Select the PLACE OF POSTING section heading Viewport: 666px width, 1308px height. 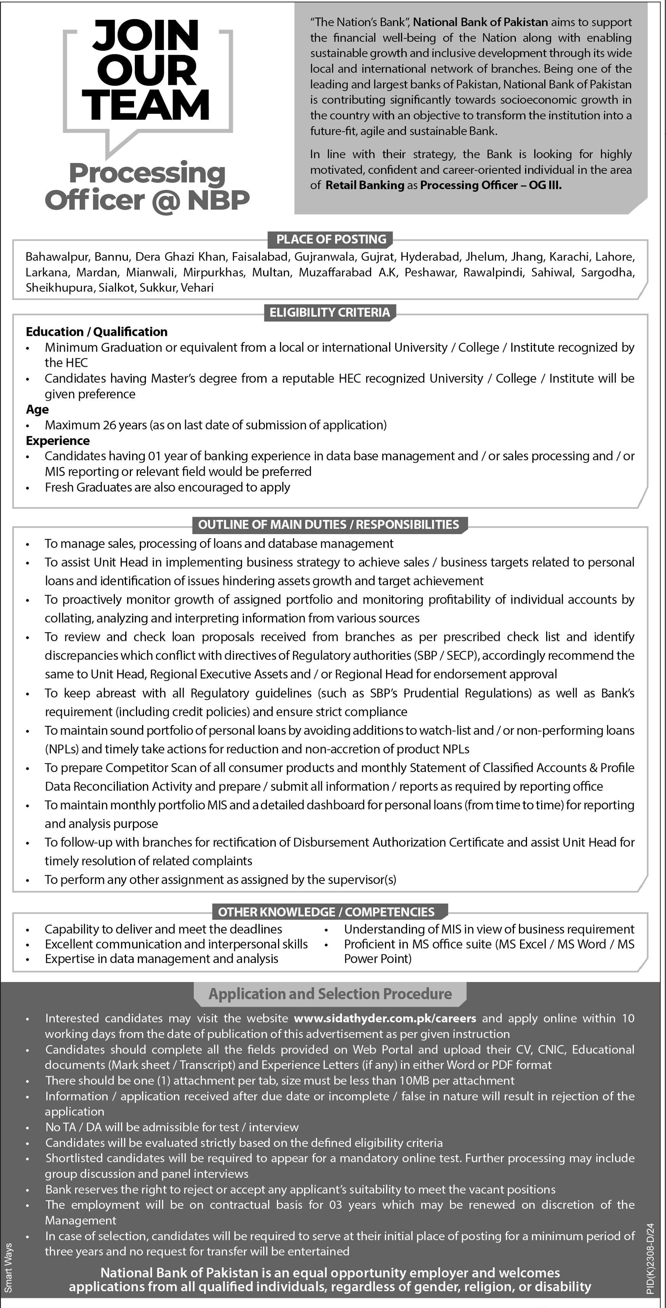[x=331, y=239]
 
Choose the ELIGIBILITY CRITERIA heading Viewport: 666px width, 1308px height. [x=330, y=312]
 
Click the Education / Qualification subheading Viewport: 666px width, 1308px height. [x=97, y=332]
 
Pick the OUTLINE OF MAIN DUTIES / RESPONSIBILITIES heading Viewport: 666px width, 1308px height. [x=328, y=524]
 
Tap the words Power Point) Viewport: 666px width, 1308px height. [x=378, y=959]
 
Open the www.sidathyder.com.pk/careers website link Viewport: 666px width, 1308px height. [x=385, y=1018]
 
